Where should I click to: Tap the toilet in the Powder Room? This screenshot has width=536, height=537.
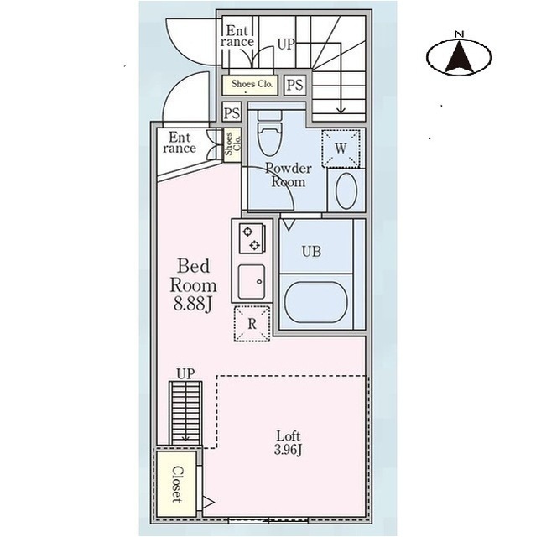(x=270, y=133)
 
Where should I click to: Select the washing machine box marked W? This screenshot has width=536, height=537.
(x=341, y=149)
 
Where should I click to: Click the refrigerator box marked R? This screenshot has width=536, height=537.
(x=252, y=324)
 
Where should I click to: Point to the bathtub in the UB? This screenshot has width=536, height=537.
(x=315, y=302)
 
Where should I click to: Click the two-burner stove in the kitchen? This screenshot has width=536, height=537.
(x=252, y=238)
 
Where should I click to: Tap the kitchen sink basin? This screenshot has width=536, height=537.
(x=252, y=282)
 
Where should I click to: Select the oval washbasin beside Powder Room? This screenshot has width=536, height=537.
(x=346, y=190)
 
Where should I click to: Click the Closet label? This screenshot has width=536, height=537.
(x=177, y=484)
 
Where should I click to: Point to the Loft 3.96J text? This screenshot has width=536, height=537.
(x=289, y=442)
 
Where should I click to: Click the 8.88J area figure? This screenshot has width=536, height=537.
(x=193, y=304)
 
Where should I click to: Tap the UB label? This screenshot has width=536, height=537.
(x=311, y=252)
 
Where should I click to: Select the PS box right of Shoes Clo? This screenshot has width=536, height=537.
(x=294, y=85)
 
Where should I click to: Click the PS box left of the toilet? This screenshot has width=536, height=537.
(x=232, y=112)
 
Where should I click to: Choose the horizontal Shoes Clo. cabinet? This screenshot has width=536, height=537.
(x=249, y=85)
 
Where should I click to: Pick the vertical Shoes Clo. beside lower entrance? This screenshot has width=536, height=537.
(x=232, y=144)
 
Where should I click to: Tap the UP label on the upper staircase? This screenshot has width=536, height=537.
(x=285, y=44)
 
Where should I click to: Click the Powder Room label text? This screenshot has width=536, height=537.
(x=289, y=175)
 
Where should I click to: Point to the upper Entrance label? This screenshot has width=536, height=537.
(x=237, y=36)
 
